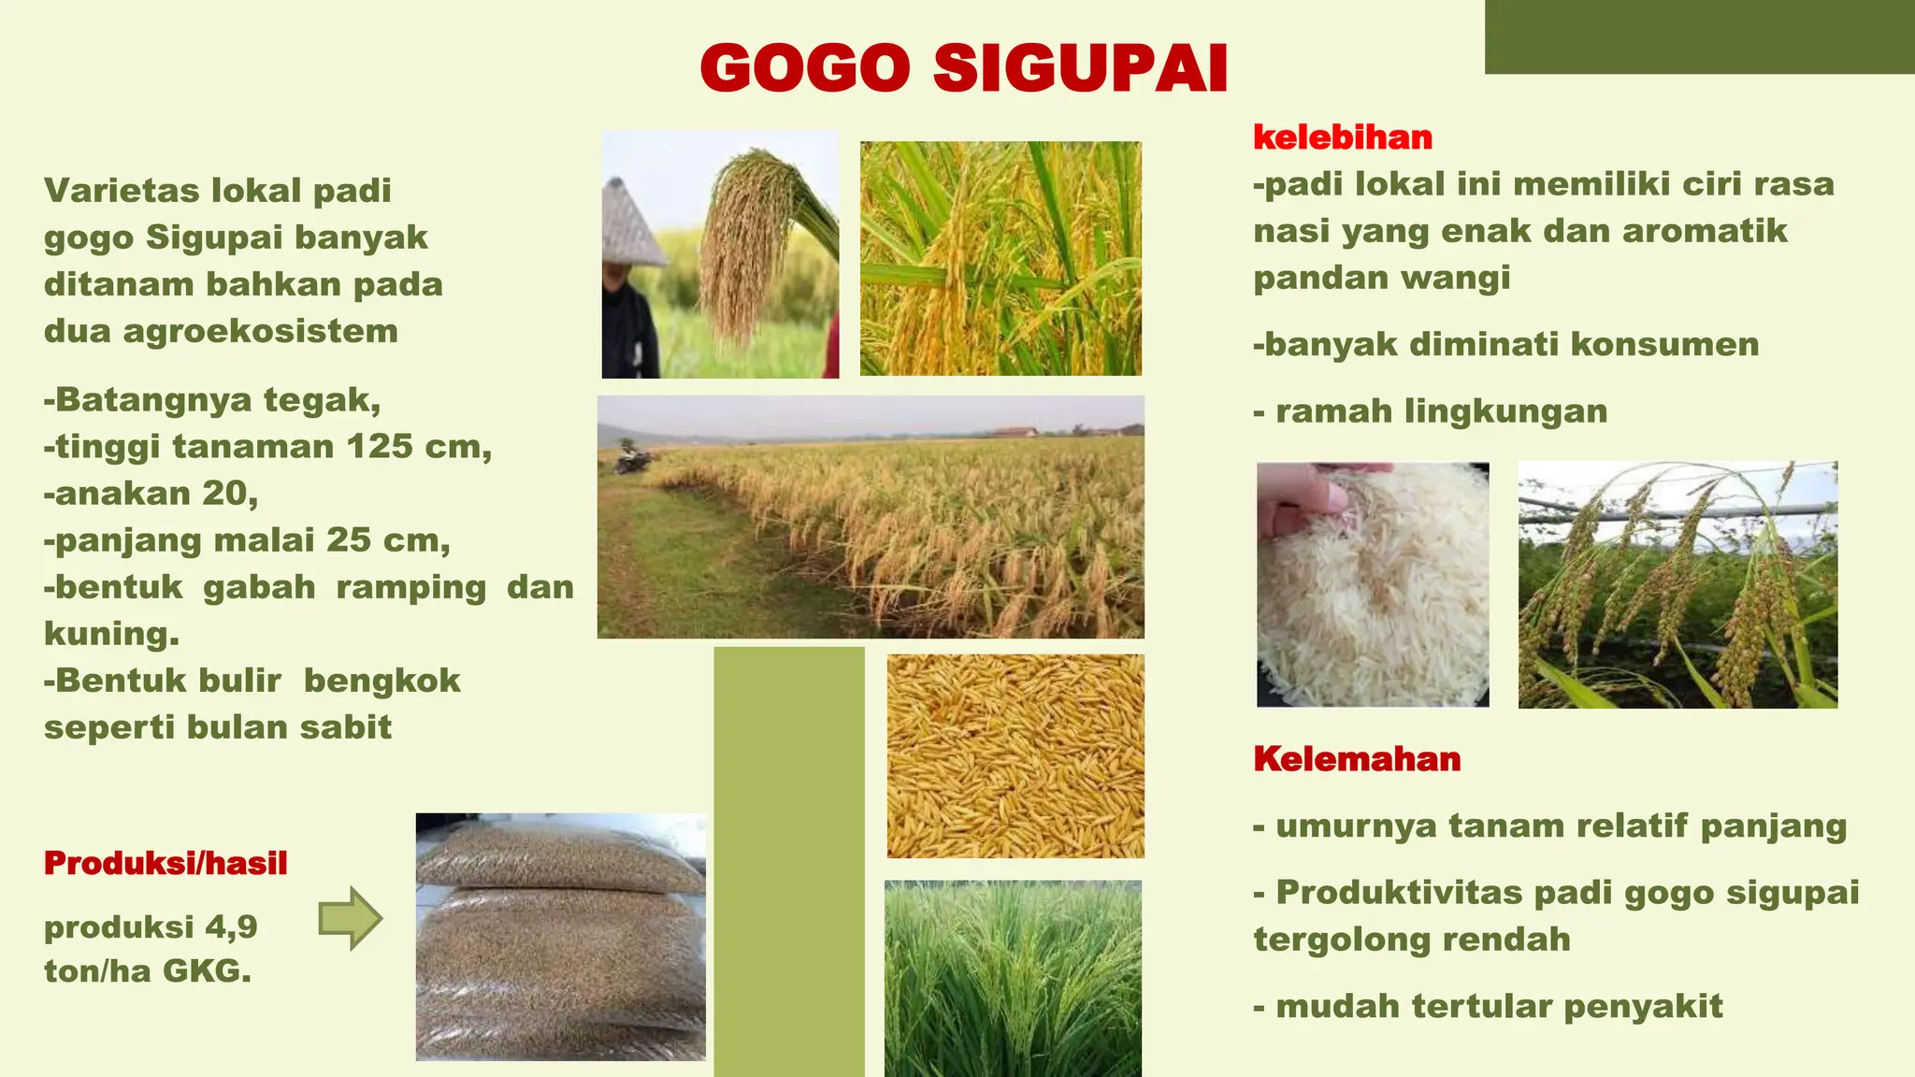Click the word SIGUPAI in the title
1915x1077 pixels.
(1080, 68)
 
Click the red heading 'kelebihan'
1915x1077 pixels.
(1342, 137)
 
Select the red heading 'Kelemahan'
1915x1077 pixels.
(1357, 758)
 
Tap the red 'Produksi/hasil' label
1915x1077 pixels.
(166, 863)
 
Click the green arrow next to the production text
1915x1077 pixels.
(350, 918)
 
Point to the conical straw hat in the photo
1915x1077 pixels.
(630, 224)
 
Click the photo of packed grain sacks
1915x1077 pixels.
(560, 937)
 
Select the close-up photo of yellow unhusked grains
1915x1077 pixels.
(1015, 755)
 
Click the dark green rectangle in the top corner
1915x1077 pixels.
(1699, 36)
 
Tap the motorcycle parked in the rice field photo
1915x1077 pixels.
(633, 460)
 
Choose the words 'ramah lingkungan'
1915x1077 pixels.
(1441, 411)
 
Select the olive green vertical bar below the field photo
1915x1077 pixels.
(788, 860)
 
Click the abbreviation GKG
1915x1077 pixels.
(207, 971)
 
